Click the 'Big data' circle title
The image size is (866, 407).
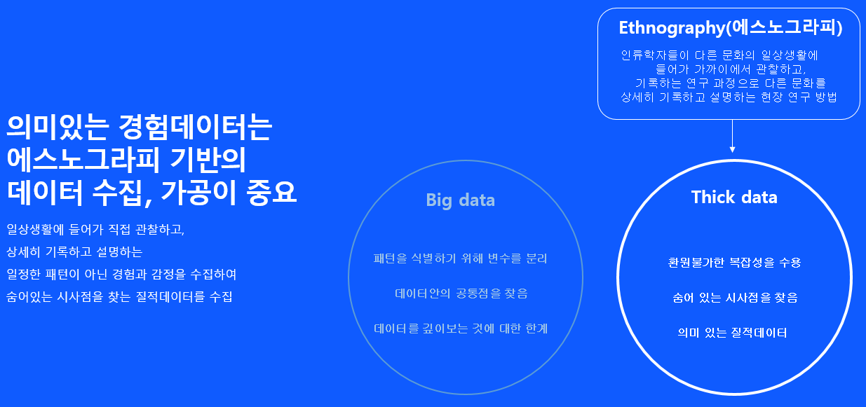(460, 200)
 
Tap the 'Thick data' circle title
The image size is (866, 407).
(734, 198)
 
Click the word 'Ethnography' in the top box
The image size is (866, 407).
(672, 28)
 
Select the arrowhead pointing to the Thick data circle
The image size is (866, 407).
(732, 149)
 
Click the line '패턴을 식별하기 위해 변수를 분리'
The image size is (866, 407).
(461, 258)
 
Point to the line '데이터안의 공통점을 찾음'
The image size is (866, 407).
(461, 294)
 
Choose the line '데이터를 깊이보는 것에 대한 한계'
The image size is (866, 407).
(461, 329)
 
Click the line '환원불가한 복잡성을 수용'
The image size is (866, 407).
(735, 263)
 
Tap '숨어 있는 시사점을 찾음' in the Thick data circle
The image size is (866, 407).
(735, 298)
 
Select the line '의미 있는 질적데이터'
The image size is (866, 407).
(732, 333)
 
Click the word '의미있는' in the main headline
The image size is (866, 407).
(58, 127)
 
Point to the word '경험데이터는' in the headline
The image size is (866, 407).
(195, 127)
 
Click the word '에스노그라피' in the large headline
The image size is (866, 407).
(83, 160)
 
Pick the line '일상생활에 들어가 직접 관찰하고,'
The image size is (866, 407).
(95, 230)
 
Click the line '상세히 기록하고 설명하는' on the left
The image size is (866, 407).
(74, 252)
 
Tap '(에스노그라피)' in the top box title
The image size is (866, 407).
(784, 28)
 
